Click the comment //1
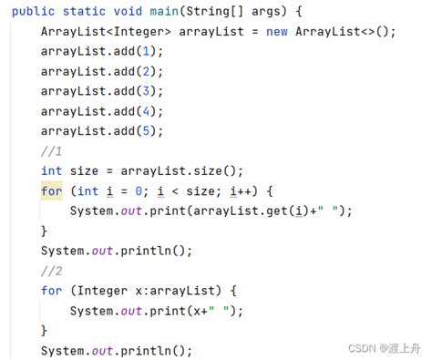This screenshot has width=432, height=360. [51, 151]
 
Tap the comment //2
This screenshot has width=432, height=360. [51, 272]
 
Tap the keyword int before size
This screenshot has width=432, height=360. [51, 171]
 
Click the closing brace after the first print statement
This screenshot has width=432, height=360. [44, 231]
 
